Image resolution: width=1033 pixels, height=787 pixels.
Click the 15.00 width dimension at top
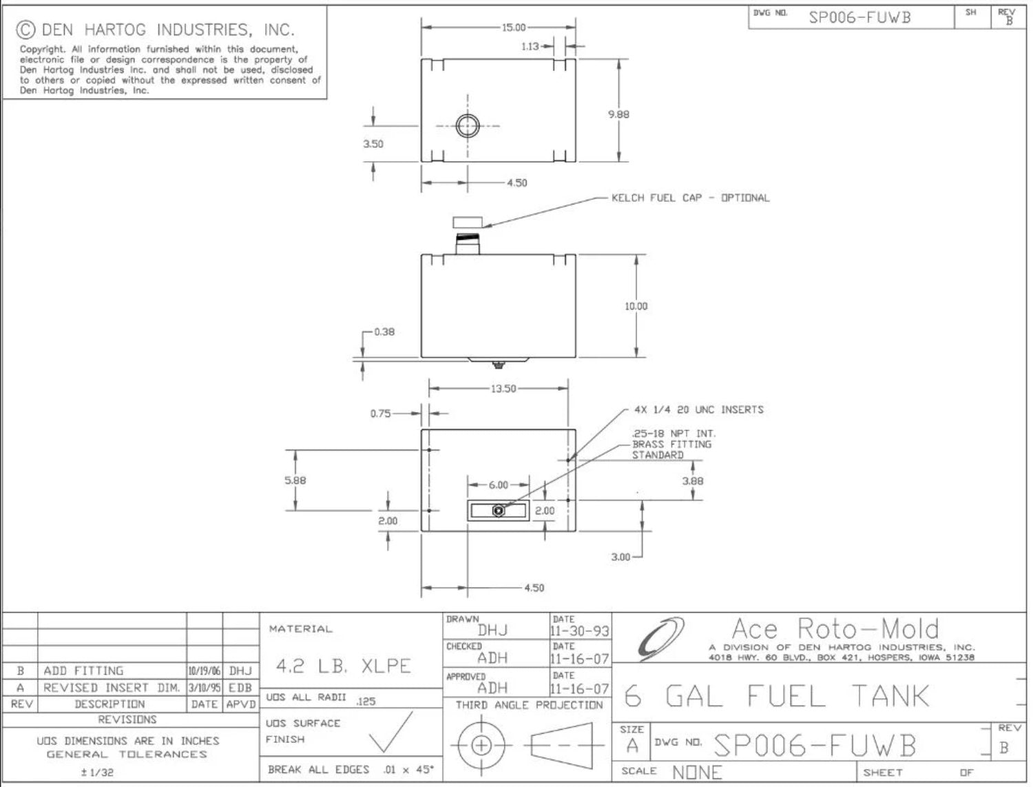pos(513,28)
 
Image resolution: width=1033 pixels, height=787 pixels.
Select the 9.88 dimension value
pos(618,114)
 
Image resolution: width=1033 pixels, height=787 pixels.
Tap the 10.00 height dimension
pos(636,306)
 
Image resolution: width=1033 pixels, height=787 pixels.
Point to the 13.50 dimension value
pos(503,389)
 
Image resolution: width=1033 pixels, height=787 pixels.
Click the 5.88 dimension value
pos(295,480)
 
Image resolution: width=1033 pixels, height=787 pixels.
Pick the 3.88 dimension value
pos(692,481)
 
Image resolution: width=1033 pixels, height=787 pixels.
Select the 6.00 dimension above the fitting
pos(498,485)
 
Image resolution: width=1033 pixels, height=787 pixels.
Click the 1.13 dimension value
pos(530,46)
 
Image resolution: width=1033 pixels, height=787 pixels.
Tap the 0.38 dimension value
pos(384,331)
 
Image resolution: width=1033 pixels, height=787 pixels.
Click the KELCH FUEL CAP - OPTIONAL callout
pos(690,198)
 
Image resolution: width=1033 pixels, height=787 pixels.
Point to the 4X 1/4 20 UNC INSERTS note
pos(698,409)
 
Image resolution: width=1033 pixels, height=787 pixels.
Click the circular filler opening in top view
pos(468,126)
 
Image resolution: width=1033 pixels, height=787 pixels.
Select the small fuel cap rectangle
pos(468,221)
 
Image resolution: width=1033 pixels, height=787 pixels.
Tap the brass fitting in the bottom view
pos(499,511)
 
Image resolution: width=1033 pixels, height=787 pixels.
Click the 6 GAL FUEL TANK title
pos(777,696)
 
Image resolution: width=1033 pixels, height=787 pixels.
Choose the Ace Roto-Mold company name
pos(835,628)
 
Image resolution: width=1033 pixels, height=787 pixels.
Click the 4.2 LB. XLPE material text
pos(343,666)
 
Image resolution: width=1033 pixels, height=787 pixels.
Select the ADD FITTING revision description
pos(83,671)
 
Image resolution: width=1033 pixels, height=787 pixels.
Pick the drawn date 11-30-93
pos(580,631)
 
